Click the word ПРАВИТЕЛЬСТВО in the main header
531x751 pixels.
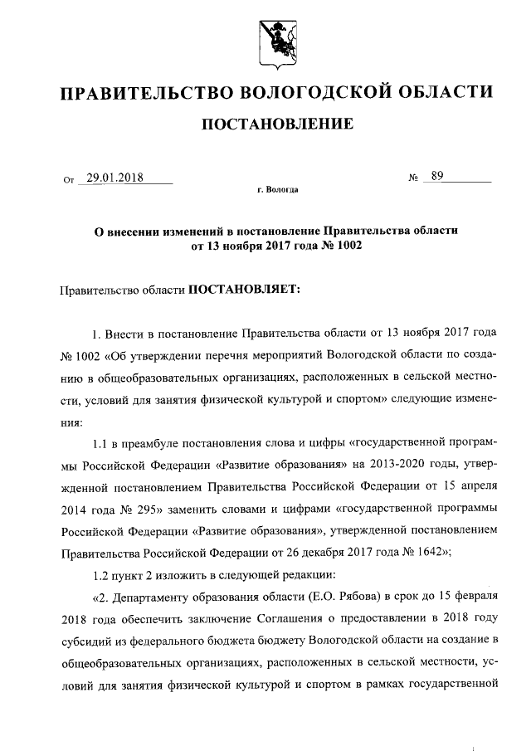click(x=145, y=90)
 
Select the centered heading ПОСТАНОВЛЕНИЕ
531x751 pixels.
click(x=278, y=124)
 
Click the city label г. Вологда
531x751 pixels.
click(x=277, y=189)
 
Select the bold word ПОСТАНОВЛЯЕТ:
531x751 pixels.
click(x=246, y=290)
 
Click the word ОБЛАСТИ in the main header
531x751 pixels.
click(x=442, y=90)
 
